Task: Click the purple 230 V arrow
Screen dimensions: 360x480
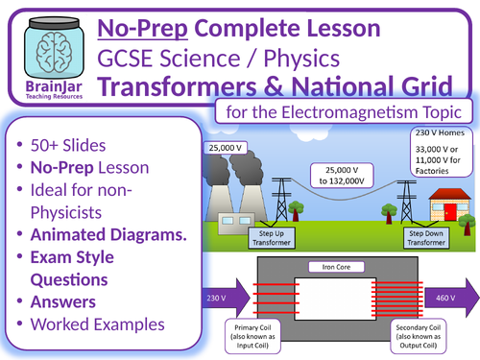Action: point(219,297)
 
